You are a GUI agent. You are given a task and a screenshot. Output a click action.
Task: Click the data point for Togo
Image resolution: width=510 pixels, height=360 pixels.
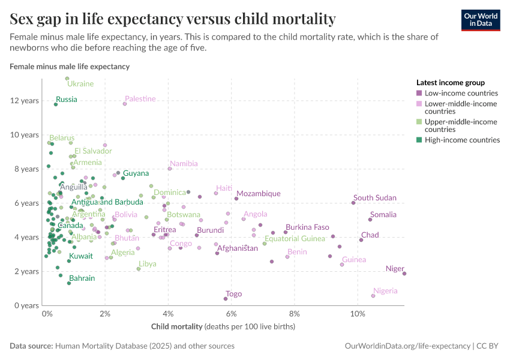coord(226,299)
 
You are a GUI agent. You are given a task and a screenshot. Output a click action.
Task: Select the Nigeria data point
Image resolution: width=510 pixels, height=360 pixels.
coord(373,296)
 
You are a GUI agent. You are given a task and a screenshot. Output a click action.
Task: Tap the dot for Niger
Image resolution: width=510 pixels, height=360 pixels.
coord(404,274)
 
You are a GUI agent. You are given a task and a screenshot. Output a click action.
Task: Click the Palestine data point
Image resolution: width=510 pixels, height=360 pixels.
coord(125,104)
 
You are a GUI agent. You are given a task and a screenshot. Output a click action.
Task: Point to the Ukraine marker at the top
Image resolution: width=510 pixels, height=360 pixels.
coord(67,79)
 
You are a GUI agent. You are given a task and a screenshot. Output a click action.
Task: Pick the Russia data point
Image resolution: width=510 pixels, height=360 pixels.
coord(56,104)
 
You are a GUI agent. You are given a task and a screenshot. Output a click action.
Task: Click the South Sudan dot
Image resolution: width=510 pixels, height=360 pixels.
coord(353,203)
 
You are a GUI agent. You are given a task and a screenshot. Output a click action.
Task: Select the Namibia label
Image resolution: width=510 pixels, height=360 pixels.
coord(184,163)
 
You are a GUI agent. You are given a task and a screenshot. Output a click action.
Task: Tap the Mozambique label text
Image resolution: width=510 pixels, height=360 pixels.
coord(258,193)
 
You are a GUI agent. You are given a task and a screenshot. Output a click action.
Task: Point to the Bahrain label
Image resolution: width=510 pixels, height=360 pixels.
coord(82,278)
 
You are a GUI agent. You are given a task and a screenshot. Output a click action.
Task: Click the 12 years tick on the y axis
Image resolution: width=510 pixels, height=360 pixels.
coord(24,100)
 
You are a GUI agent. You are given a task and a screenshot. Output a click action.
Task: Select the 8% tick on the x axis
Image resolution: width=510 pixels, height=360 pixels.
coord(295,314)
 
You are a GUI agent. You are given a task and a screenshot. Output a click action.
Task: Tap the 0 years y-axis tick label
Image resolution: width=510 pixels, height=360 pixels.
coord(26,305)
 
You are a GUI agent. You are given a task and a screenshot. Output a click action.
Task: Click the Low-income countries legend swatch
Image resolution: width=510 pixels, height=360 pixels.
coord(419,93)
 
